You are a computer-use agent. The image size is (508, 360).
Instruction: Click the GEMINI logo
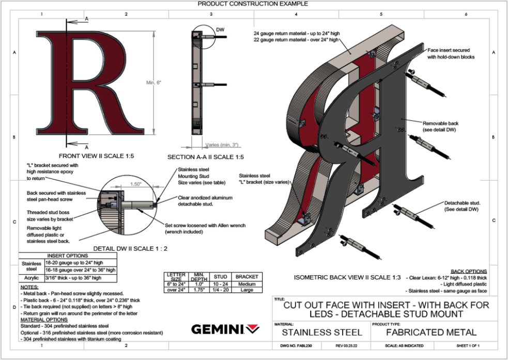[x=225, y=329]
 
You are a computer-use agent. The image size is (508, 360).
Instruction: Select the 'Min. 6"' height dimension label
[x=153, y=82]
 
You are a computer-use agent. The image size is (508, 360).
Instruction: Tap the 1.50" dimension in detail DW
[x=136, y=184]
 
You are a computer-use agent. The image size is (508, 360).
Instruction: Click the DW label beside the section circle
[x=220, y=30]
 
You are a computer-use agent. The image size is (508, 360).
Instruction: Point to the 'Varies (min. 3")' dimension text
[x=222, y=145]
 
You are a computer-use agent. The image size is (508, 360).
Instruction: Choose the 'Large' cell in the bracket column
[x=247, y=290]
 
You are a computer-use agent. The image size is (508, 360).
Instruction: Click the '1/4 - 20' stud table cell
[x=220, y=290]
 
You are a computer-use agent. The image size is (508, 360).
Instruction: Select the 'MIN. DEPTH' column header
[x=198, y=277]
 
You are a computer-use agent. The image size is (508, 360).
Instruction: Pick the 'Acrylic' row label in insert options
[x=32, y=278]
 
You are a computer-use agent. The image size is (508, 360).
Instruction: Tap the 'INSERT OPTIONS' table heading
[x=68, y=256]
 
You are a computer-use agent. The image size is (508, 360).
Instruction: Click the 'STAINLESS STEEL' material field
[x=322, y=333]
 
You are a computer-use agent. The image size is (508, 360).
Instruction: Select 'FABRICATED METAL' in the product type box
[x=431, y=333]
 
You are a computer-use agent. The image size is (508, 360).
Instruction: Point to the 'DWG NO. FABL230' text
[x=296, y=346]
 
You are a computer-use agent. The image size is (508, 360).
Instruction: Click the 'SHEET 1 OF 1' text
[x=468, y=346]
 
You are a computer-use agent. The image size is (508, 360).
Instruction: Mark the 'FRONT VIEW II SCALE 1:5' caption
[x=96, y=156]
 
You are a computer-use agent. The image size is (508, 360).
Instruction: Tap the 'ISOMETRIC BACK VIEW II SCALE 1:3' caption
[x=347, y=277]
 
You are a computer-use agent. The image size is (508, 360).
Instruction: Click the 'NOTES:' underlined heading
[x=29, y=287]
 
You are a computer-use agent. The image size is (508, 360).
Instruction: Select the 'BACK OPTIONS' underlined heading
[x=469, y=271]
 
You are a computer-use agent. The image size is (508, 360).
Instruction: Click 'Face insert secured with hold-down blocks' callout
[x=451, y=53]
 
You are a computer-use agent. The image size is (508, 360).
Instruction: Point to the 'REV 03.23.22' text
[x=346, y=346]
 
